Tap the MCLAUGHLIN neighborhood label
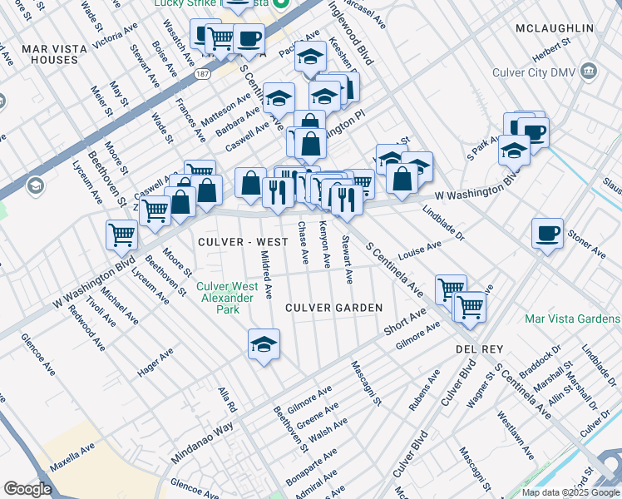pyautogui.click(x=555, y=28)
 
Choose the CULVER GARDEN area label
pyautogui.click(x=333, y=308)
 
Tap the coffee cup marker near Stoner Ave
pyautogui.click(x=546, y=233)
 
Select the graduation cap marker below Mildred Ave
pyautogui.click(x=264, y=344)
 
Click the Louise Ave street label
pyautogui.click(x=419, y=250)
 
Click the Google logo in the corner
pyautogui.click(x=27, y=489)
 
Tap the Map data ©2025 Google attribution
pyautogui.click(x=570, y=492)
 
